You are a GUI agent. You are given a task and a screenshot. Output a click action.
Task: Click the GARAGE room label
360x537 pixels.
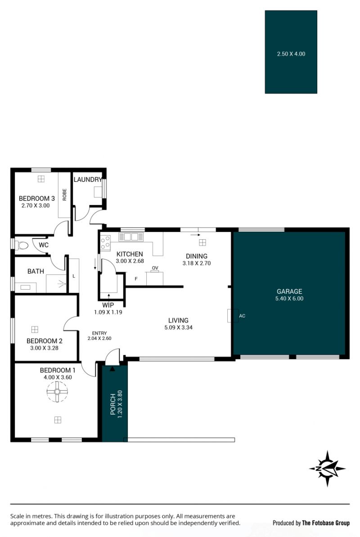289,291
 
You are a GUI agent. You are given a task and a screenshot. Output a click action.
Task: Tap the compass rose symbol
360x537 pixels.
327,469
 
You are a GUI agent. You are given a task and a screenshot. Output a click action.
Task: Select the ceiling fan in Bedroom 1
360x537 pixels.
57,391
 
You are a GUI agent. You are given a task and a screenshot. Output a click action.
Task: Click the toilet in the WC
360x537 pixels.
22,245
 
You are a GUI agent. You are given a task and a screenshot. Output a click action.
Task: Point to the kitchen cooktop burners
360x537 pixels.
105,242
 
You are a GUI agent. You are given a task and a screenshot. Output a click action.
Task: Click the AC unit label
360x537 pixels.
242,316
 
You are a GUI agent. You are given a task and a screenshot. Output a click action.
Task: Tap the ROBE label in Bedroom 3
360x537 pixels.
64,195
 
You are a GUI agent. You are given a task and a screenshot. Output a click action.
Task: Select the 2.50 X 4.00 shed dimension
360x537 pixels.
291,54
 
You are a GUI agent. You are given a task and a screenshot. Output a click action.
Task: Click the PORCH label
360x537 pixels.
112,404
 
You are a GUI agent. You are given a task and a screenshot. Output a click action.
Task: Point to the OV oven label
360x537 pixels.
155,268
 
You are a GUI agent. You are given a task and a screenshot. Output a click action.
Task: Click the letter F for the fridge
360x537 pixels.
136,279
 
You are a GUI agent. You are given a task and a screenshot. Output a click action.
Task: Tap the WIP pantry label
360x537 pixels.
108,305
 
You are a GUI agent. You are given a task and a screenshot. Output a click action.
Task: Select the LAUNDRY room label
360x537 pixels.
88,179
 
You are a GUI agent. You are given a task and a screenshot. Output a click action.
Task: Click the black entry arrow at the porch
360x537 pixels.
112,369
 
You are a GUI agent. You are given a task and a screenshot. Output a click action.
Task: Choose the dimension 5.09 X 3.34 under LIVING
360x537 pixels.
179,327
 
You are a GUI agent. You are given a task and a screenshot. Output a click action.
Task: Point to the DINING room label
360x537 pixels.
197,256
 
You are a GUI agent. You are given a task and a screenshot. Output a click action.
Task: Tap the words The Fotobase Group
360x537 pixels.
326,523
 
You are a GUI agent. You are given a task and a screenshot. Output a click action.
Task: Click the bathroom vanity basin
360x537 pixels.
25,287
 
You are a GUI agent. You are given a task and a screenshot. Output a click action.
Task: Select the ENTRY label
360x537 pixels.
99,333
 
